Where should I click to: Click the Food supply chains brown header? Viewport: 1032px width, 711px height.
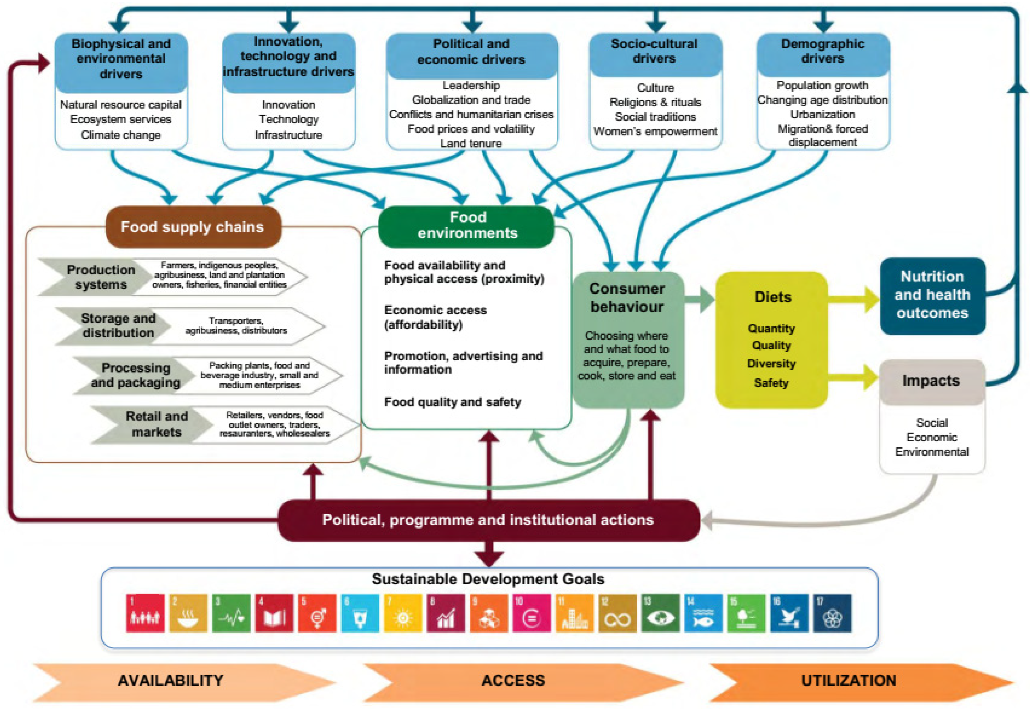193,227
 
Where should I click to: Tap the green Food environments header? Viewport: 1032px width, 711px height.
467,225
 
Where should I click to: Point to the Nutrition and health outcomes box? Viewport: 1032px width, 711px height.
932,295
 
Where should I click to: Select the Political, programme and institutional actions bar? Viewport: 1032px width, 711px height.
488,520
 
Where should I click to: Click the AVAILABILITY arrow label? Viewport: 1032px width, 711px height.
171,680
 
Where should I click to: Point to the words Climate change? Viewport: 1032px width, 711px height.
121,135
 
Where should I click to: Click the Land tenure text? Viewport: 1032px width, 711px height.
471,144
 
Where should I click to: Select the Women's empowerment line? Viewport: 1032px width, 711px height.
655,131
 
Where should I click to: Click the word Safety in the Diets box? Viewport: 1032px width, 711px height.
771,383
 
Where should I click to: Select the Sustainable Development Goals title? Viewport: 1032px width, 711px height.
488,579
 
